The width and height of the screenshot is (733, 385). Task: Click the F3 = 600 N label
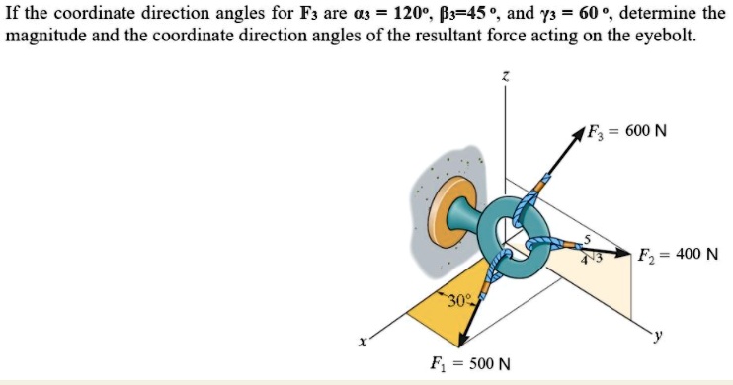tap(626, 131)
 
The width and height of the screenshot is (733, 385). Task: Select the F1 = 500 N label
tap(470, 362)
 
